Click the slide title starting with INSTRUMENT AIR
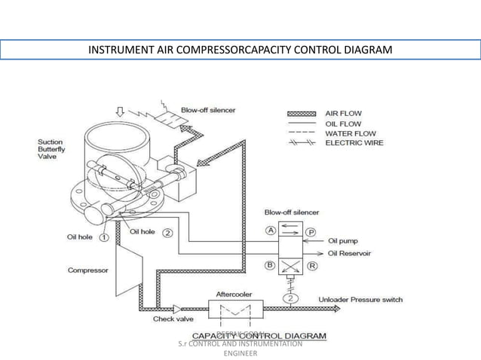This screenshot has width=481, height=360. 240,50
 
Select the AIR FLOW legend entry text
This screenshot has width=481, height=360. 343,113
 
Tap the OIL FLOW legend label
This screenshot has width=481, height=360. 342,124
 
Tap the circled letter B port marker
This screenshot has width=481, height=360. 269,265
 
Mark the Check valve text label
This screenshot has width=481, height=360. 175,319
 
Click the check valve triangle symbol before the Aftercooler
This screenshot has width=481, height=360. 176,307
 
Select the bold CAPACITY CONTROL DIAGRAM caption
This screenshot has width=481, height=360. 259,334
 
